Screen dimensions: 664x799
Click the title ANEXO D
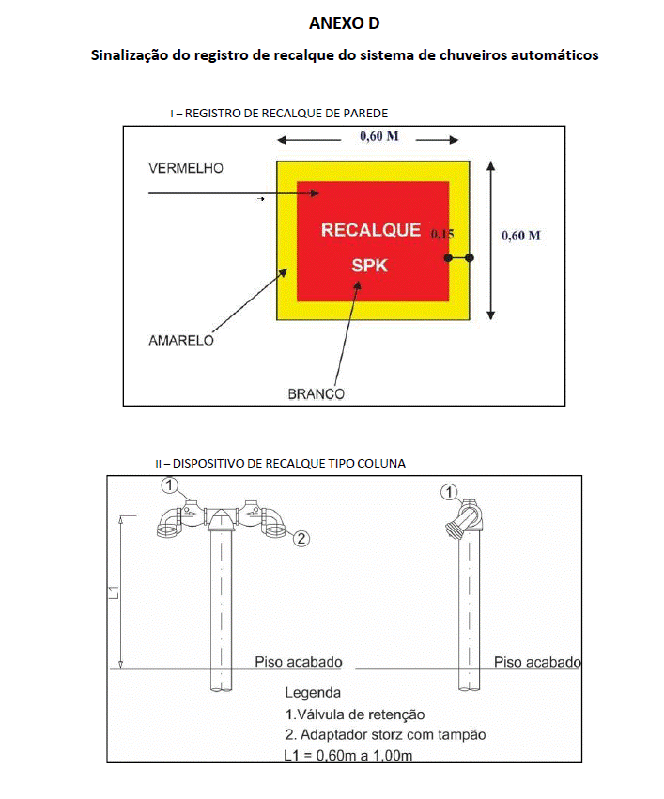(x=344, y=23)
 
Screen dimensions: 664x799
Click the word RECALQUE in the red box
(x=371, y=230)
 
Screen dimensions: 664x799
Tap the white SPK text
(x=370, y=266)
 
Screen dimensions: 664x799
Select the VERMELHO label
(x=186, y=168)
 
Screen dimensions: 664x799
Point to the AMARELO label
(x=181, y=341)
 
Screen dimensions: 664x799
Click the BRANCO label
(x=316, y=394)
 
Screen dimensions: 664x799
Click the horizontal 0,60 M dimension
(x=379, y=136)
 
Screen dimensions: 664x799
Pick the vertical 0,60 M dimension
(x=521, y=236)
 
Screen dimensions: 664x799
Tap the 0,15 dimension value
(x=442, y=235)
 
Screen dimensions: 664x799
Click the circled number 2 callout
(x=301, y=538)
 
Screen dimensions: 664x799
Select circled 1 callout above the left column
(x=170, y=484)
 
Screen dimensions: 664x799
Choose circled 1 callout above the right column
(x=448, y=492)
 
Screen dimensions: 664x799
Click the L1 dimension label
(x=114, y=592)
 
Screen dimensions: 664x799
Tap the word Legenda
(x=313, y=693)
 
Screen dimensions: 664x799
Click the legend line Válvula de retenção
(x=355, y=714)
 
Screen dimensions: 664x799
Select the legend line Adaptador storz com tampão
(x=385, y=735)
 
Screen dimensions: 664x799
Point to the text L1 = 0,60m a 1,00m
(x=348, y=755)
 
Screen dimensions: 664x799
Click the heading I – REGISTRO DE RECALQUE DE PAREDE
(x=279, y=113)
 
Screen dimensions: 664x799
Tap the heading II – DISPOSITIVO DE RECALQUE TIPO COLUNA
(x=280, y=464)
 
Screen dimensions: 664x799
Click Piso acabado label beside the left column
(x=298, y=662)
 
